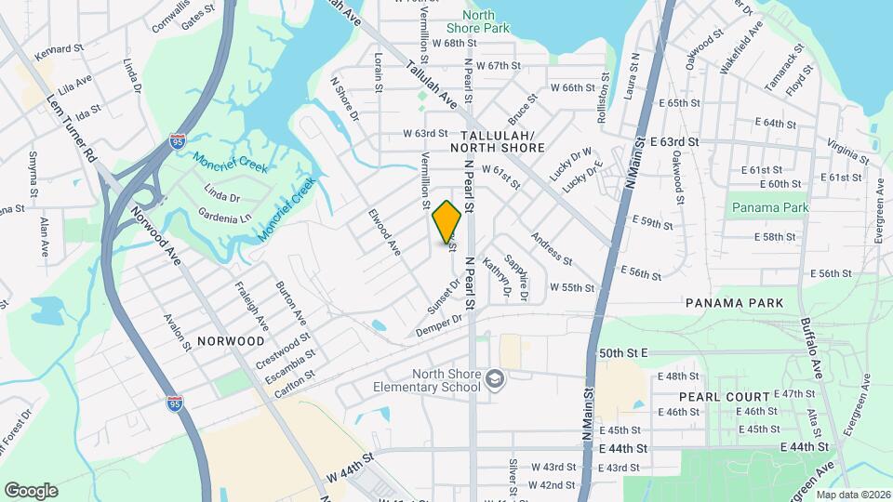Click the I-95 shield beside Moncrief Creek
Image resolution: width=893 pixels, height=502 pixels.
coord(178,141)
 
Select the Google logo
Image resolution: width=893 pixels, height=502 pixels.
coord(31,491)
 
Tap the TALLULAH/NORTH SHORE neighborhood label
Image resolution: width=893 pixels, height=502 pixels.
coord(497,140)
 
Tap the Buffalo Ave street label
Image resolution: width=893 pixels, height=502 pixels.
coord(811,349)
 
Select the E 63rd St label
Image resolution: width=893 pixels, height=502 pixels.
coord(693,141)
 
